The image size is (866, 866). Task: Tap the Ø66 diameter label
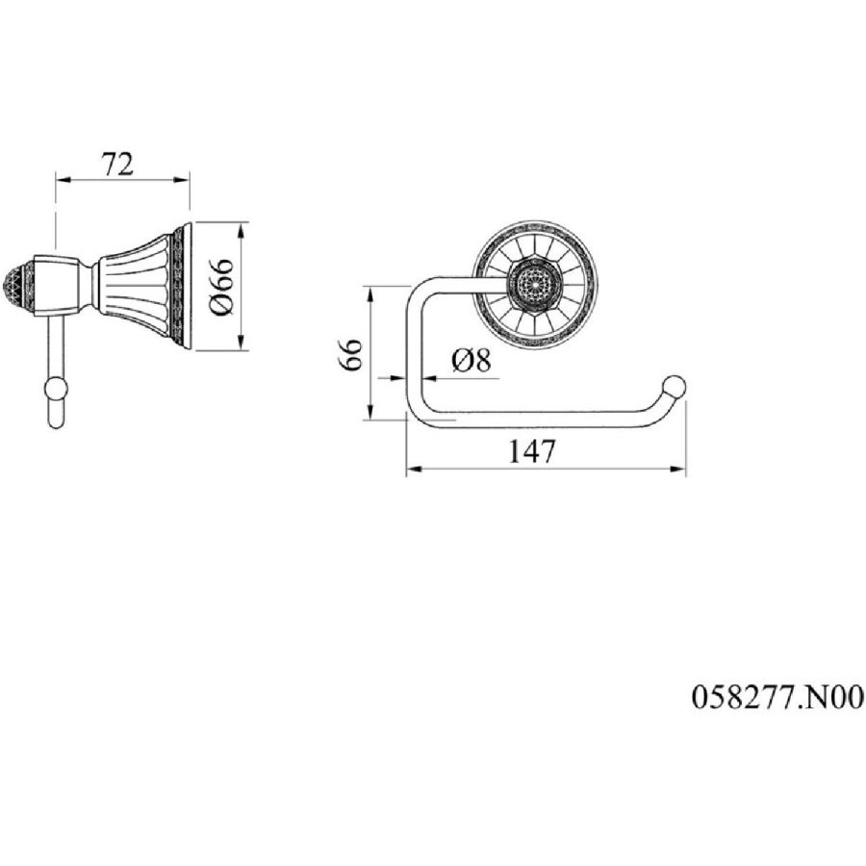[222, 286]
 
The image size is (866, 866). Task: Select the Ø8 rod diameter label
[471, 361]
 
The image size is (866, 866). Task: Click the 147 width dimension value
[531, 451]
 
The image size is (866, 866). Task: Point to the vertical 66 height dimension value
[350, 354]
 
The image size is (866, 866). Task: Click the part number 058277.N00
[777, 697]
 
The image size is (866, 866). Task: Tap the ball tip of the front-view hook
[675, 387]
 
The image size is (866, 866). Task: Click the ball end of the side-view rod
[55, 390]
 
